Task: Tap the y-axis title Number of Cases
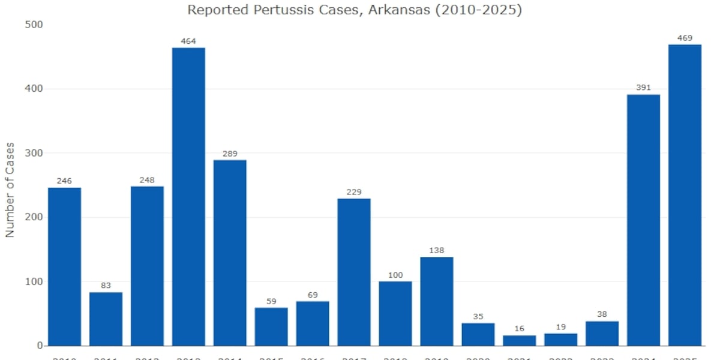[10, 190]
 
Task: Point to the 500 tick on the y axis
[34, 25]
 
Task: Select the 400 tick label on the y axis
[34, 89]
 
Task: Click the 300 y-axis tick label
[34, 153]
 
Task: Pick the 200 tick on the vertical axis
[34, 217]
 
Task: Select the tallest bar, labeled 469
[685, 195]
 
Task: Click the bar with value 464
[188, 197]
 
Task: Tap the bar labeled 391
[643, 220]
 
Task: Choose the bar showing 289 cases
[230, 253]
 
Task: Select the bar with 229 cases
[354, 272]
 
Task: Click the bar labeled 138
[437, 301]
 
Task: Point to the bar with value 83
[106, 319]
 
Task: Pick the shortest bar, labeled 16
[520, 340]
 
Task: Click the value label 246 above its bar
[64, 181]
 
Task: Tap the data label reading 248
[147, 179]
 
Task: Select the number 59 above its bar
[271, 301]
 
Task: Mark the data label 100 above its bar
[395, 274]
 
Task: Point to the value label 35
[478, 316]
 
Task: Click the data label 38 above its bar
[602, 314]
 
